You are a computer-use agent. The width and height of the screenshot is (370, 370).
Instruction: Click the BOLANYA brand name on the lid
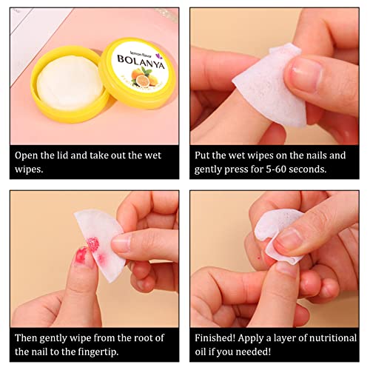(x=141, y=62)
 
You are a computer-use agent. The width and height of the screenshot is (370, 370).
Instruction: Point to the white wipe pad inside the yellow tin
(x=70, y=83)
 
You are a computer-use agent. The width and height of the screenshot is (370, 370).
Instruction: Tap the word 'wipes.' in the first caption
(x=29, y=169)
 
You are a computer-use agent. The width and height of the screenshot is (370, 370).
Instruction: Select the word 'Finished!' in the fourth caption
(x=215, y=338)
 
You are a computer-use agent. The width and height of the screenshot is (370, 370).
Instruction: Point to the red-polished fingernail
(x=82, y=255)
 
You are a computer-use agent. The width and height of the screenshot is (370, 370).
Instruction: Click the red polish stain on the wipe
(x=93, y=244)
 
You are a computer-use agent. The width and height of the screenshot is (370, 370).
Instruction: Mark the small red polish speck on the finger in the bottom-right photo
(x=259, y=258)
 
